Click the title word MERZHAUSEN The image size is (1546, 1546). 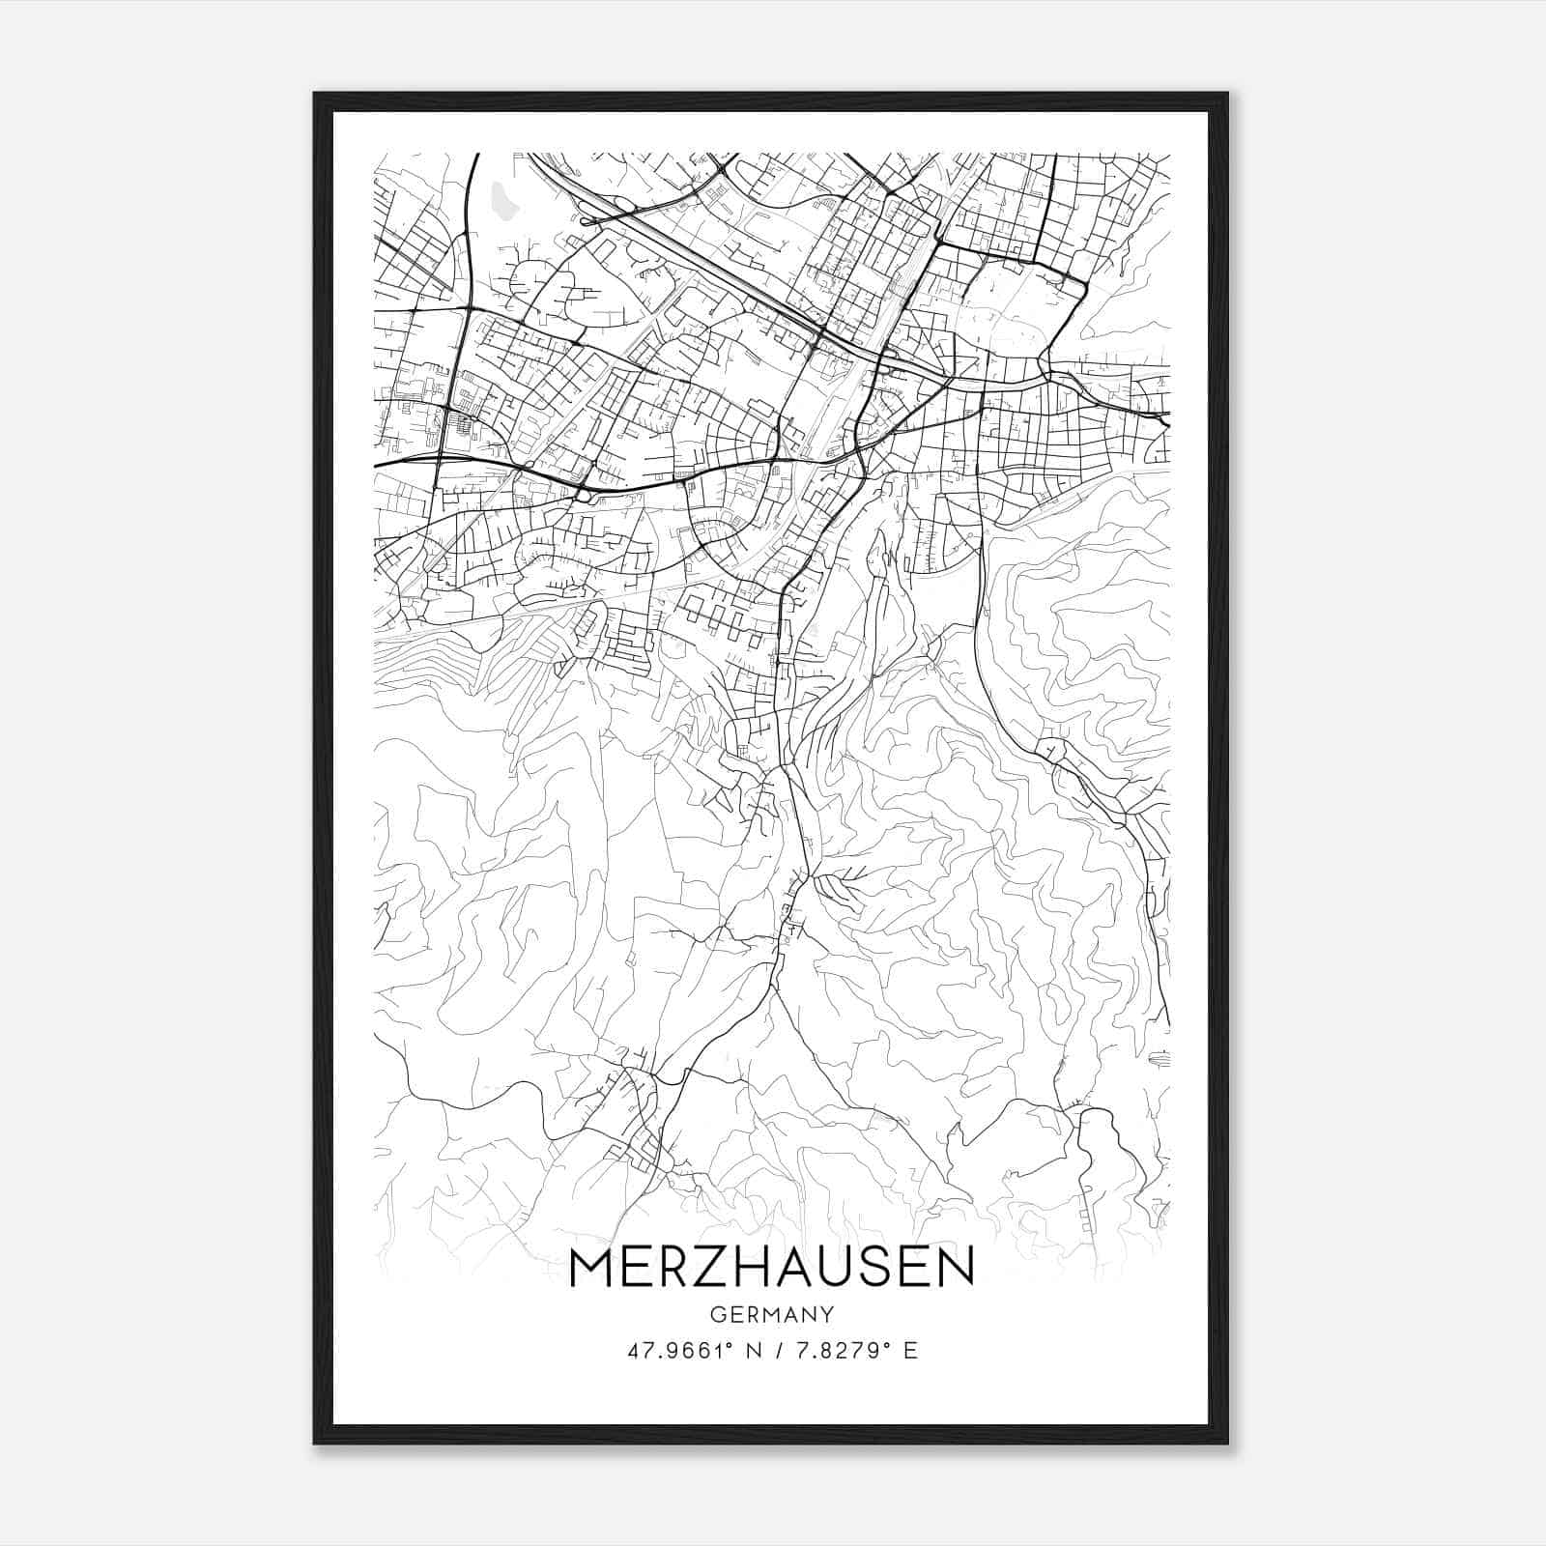(772, 1269)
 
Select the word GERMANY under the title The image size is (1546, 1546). (772, 1315)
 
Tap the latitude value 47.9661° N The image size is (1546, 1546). (691, 1350)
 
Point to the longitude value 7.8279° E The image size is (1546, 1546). (854, 1350)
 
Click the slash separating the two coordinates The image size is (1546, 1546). (774, 1350)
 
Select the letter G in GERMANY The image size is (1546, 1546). (717, 1315)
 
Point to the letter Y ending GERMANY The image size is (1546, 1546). (828, 1315)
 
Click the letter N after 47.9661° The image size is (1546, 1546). (751, 1350)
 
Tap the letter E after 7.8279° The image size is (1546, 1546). (909, 1350)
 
